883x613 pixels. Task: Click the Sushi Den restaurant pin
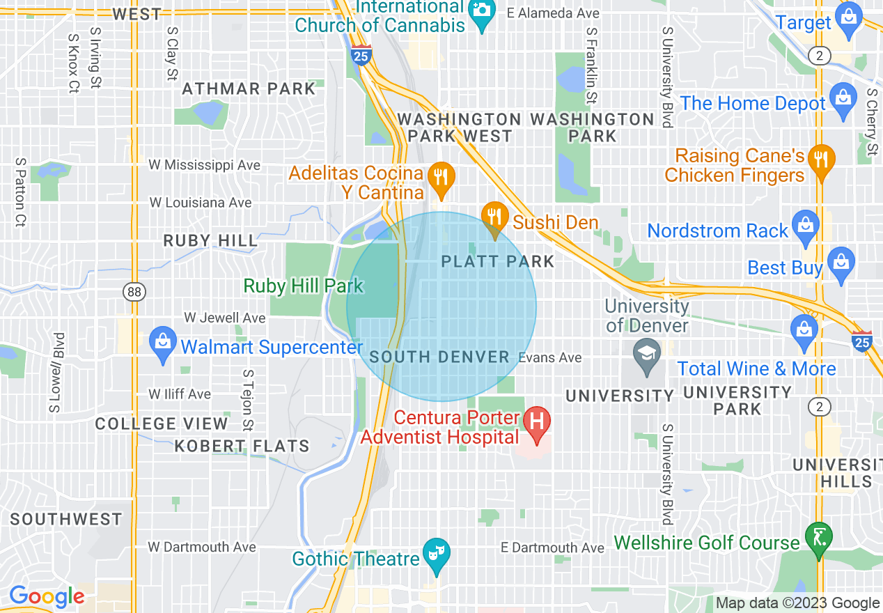494,217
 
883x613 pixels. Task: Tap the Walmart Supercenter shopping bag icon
162,342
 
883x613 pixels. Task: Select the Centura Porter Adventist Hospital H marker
538,421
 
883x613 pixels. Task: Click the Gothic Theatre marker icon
437,554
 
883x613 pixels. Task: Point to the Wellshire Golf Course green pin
818,537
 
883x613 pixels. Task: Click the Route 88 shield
135,292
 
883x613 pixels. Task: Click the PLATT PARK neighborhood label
498,262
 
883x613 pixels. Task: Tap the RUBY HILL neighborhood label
210,241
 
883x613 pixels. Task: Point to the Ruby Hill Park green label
304,286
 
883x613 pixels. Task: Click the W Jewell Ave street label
224,318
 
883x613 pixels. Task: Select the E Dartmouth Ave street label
553,548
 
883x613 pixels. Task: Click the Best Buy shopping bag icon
841,263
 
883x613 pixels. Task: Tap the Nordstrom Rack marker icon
806,225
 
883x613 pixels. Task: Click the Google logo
46,597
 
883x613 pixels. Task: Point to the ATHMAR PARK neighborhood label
249,89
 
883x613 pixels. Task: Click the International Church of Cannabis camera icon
481,10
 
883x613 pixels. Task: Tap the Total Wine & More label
756,368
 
